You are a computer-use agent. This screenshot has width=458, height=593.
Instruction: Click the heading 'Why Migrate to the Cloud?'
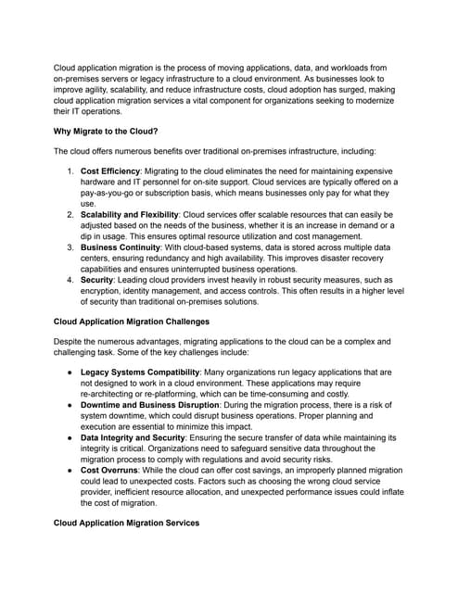pos(105,131)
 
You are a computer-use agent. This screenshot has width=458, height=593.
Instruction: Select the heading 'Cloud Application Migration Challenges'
pos(131,322)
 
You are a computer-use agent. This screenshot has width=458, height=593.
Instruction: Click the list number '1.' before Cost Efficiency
pos(70,171)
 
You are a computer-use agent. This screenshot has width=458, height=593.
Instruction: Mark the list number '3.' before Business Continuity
pos(70,247)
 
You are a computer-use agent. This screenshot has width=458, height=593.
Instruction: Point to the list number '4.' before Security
pos(70,280)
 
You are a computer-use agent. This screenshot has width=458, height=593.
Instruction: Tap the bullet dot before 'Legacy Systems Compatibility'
pos(70,371)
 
